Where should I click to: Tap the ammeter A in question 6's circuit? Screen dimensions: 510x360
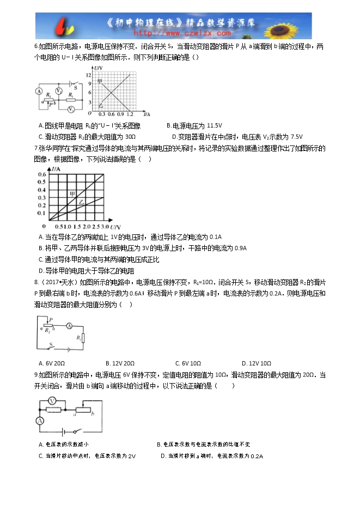(39, 90)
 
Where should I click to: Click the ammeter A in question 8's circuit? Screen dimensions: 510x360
(69, 325)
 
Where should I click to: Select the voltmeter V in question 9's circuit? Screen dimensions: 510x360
(52, 400)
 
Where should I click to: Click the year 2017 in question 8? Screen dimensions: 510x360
(50, 282)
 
